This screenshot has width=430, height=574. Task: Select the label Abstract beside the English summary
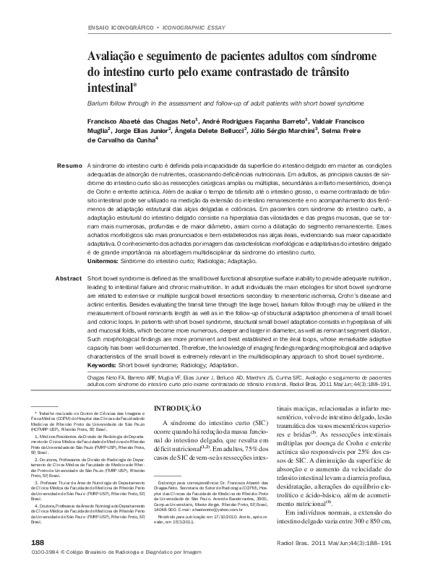(69, 278)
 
